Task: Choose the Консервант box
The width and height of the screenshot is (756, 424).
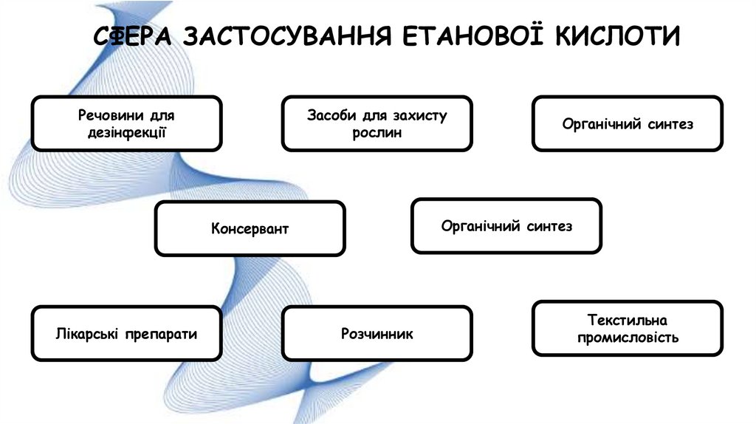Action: click(x=250, y=229)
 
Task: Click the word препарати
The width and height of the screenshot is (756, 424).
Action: click(x=161, y=334)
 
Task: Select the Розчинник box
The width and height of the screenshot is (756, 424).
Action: click(x=377, y=334)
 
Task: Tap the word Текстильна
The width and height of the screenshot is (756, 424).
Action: click(x=628, y=321)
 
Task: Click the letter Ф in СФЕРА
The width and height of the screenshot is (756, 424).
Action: click(x=121, y=37)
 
